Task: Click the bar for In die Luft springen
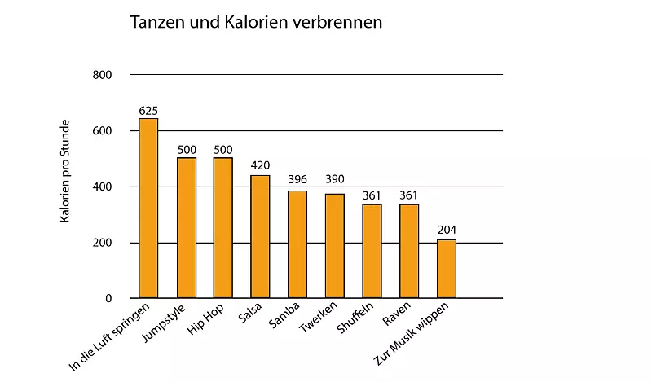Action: (148, 209)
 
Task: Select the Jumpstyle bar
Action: (187, 228)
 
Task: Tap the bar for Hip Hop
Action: (222, 228)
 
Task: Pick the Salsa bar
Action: (260, 237)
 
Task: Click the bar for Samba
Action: (297, 244)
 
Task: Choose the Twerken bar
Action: (335, 246)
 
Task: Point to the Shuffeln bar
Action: (372, 252)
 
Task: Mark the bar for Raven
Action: (409, 252)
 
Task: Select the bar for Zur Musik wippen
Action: (447, 269)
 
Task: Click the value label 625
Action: (148, 111)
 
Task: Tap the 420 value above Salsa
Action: (260, 165)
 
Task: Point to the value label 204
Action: (447, 230)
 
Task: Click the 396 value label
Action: (297, 180)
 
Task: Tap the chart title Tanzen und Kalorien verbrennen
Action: (256, 23)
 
